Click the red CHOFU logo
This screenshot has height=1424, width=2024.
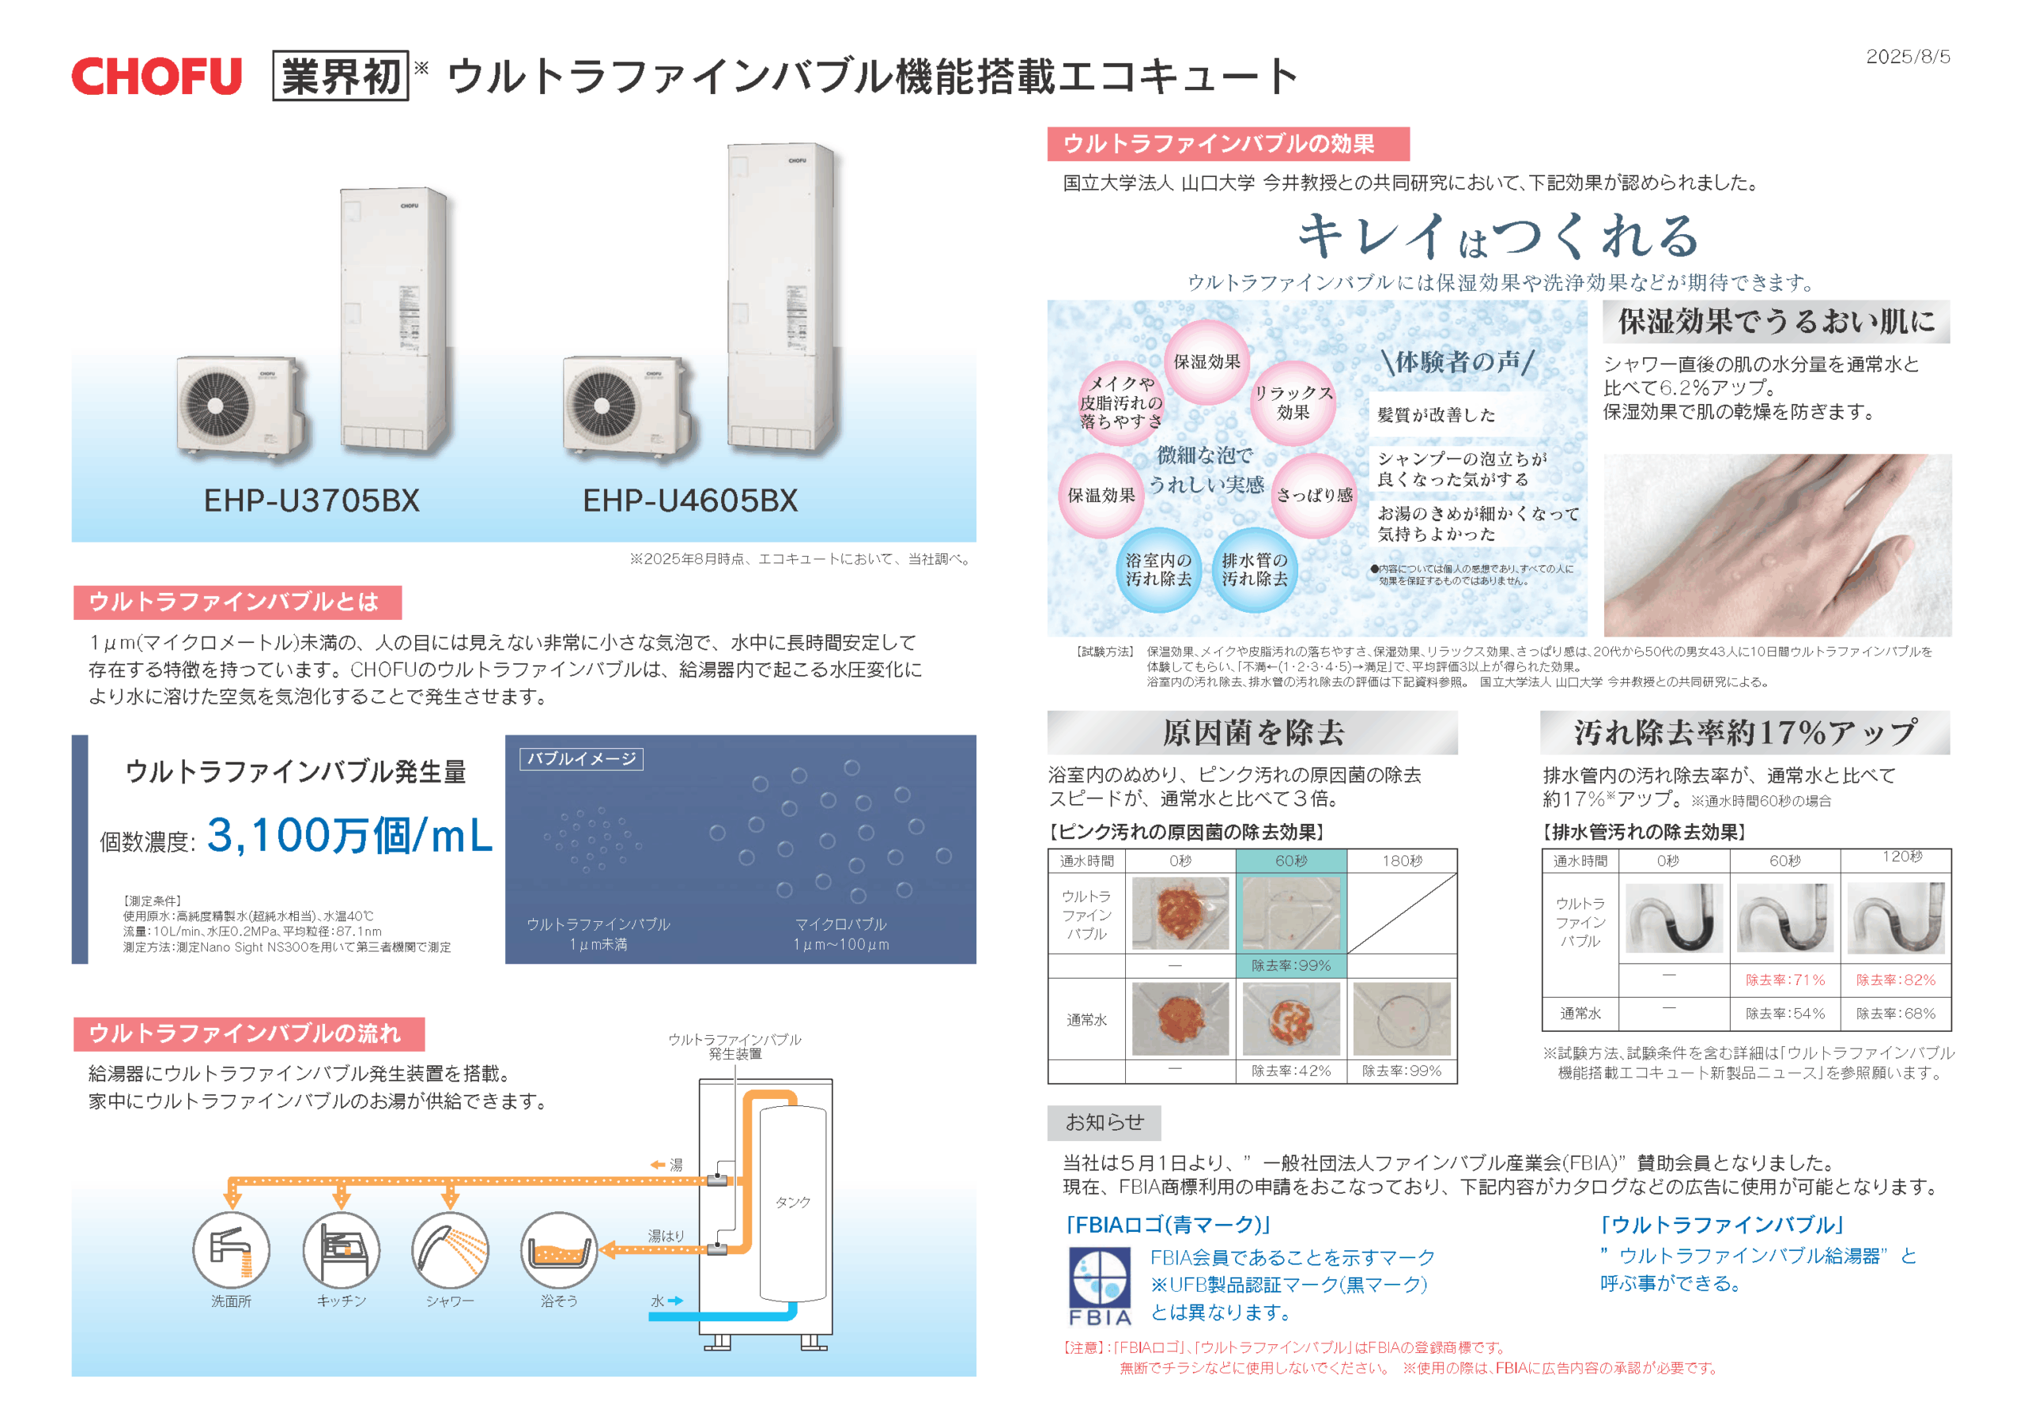coord(157,76)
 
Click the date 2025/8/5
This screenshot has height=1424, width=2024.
coord(1908,56)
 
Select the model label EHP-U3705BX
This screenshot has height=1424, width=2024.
coord(312,500)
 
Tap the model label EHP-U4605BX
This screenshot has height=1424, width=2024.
coord(690,500)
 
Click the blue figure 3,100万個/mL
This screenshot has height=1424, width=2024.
coord(349,835)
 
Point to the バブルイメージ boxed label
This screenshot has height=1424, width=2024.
coord(582,759)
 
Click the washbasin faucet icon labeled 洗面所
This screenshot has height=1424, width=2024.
coord(232,1249)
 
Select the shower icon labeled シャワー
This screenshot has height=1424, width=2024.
coord(451,1249)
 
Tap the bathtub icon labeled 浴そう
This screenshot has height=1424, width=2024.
coord(560,1249)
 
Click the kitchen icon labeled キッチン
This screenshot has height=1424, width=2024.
coord(341,1249)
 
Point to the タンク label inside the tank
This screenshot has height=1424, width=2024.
coord(792,1202)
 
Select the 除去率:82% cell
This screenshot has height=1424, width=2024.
coord(1896,980)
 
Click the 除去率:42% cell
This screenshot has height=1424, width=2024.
coord(1290,1071)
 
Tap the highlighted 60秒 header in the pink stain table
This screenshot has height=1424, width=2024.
coord(1290,860)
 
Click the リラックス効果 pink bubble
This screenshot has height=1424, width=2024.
coord(1293,403)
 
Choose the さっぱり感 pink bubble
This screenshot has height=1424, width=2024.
coord(1314,496)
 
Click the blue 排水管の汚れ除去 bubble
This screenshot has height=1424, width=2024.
coord(1255,569)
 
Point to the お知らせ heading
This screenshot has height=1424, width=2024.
coord(1104,1123)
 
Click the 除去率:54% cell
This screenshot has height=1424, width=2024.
coord(1785,1013)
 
